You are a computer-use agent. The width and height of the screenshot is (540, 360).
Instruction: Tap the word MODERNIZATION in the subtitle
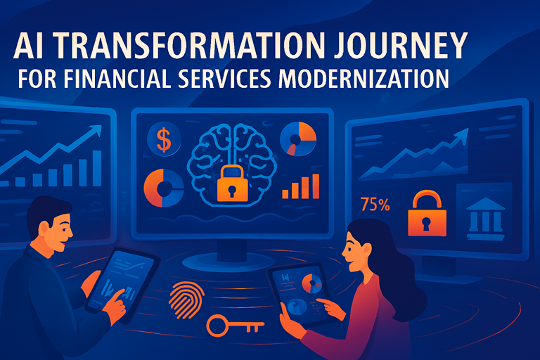point(364,78)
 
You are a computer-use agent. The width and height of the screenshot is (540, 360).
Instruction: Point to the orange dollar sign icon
point(164,139)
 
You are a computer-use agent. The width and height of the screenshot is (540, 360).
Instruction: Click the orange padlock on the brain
point(233,184)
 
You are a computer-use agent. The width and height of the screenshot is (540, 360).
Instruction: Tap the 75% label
point(375,205)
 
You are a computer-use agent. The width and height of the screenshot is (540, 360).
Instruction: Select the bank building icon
point(486,219)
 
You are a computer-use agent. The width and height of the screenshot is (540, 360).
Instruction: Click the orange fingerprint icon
point(186,300)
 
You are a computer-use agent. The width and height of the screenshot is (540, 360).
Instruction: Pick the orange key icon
point(235,326)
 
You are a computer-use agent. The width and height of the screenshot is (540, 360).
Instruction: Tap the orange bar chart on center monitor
point(301,186)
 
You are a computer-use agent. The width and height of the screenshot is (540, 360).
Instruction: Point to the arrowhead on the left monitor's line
point(96,130)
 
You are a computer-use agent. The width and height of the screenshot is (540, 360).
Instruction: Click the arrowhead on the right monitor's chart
point(463,135)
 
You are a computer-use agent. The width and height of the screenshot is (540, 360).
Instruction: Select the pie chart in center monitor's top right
point(298,139)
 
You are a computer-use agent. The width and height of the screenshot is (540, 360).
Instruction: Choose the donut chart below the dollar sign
point(164,188)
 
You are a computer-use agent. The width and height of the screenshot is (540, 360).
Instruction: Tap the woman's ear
point(367,250)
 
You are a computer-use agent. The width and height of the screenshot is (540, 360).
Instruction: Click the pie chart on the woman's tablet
point(311,283)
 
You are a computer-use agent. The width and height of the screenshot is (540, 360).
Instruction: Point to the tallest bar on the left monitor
point(97,168)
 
